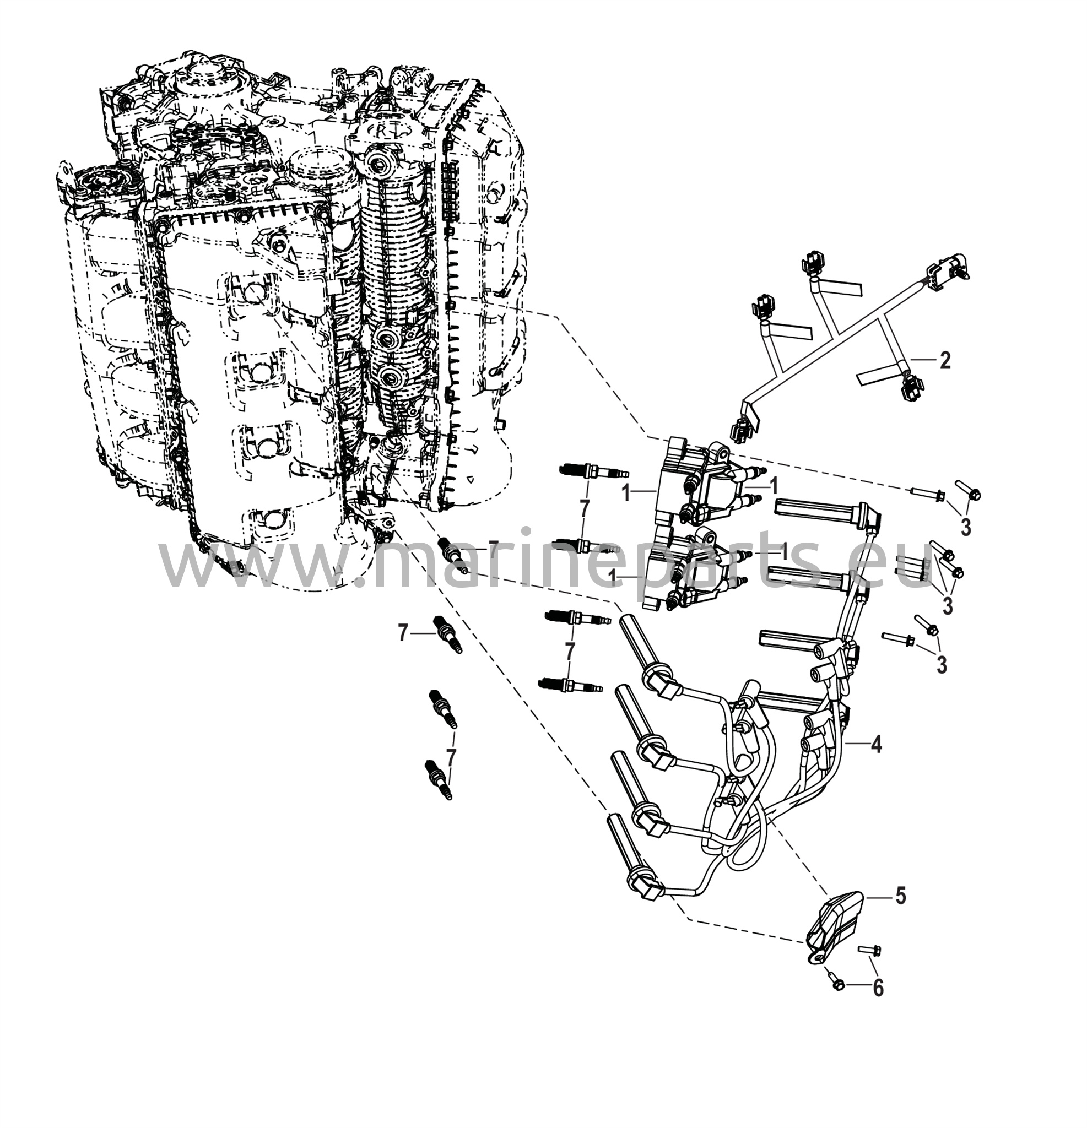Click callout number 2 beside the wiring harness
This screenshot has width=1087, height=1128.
coord(944,361)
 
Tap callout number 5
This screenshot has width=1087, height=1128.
coord(900,896)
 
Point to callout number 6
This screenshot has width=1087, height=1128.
coord(878,988)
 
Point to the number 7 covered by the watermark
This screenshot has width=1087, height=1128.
coord(493,551)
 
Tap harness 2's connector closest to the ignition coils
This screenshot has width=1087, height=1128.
coord(742,429)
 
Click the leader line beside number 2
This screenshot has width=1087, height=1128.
coord(922,360)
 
